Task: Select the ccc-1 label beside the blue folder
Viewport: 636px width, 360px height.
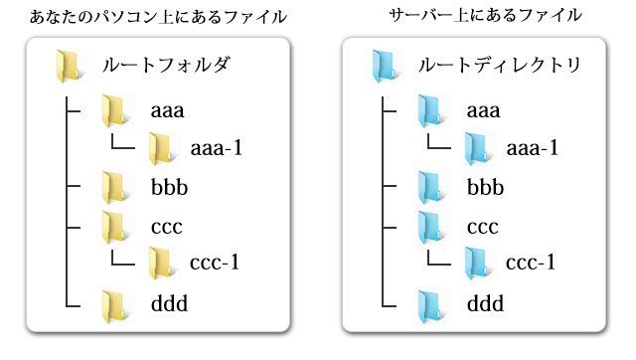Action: click(x=530, y=264)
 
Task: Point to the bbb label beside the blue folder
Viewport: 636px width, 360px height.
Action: click(x=487, y=186)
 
